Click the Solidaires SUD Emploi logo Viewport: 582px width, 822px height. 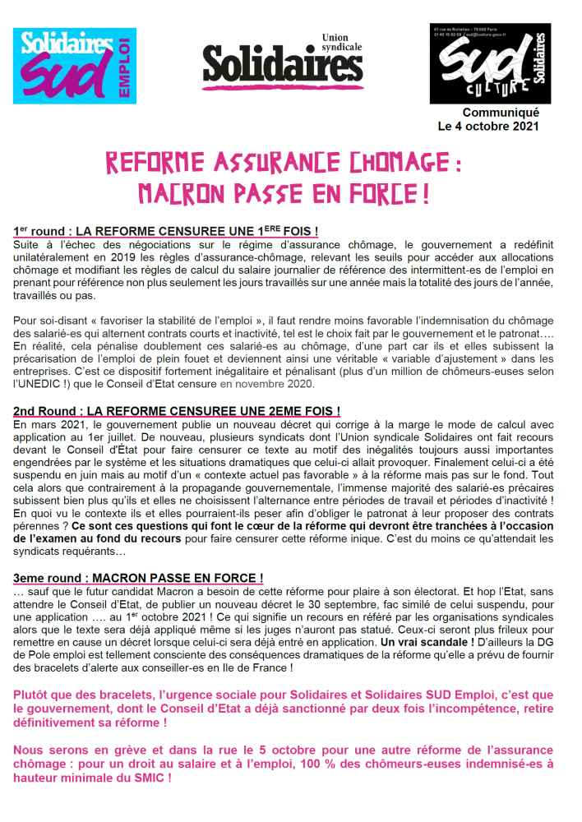(73, 66)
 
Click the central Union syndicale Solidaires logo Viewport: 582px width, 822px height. (283, 61)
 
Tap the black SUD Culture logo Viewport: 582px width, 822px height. (488, 63)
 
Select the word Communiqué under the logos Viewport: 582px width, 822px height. (501, 113)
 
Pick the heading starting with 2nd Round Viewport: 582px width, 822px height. (177, 410)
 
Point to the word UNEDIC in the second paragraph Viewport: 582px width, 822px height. (39, 384)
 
